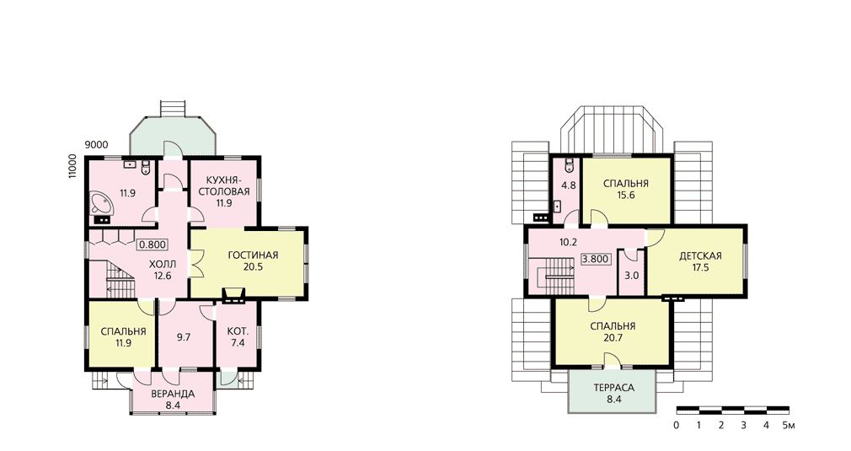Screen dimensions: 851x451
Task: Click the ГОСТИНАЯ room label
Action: coord(253,255)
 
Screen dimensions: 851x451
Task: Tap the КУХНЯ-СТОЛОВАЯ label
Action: coord(223,185)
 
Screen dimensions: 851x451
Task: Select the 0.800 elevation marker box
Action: coord(152,244)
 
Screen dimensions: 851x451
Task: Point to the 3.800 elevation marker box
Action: coord(595,259)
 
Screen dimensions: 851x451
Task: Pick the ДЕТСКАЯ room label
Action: coord(700,256)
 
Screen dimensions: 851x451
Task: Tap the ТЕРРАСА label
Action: coord(614,388)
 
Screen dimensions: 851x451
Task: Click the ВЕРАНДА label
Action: coord(173,394)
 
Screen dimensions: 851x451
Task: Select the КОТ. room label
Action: coord(238,331)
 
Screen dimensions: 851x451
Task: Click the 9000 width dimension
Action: coord(96,145)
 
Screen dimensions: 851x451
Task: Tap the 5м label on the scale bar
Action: coord(789,426)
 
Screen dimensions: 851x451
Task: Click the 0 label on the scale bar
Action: coord(677,426)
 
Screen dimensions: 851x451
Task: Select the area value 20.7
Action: coord(613,337)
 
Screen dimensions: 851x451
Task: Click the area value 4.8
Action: coord(568,185)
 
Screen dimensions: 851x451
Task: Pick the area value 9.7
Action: coord(184,337)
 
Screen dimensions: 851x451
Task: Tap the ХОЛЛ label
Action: coord(163,265)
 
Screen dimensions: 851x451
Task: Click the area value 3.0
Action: coord(632,275)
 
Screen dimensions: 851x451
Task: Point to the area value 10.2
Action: coord(568,243)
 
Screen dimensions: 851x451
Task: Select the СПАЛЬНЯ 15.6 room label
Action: coord(626,189)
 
